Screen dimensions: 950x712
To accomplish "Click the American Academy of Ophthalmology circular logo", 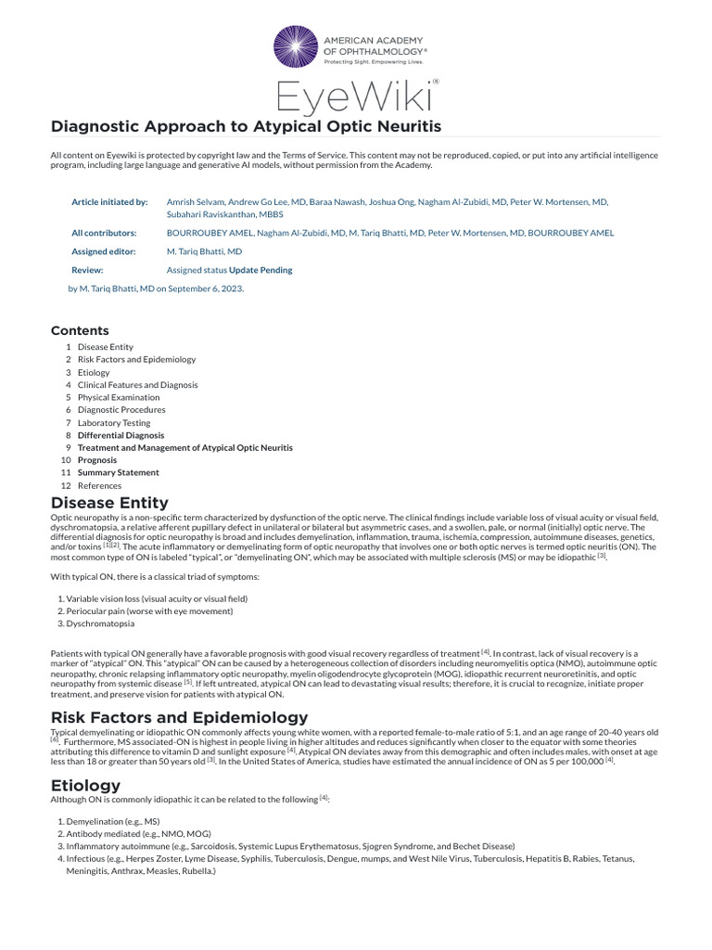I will [x=295, y=48].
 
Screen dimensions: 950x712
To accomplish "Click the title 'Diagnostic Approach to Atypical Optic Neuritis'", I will [x=246, y=126].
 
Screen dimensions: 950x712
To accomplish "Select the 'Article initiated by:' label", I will [x=109, y=201].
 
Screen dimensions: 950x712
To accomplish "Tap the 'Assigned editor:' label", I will [x=104, y=251].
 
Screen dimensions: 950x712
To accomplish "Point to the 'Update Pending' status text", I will [x=261, y=270].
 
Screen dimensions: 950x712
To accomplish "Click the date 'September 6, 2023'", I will [x=205, y=288].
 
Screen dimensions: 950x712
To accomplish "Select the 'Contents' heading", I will [x=80, y=331].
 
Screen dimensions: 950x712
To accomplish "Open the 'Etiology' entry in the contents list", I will [x=94, y=372].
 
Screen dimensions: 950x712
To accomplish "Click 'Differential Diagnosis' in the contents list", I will [x=121, y=435].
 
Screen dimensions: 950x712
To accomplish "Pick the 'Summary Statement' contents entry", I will [x=118, y=472].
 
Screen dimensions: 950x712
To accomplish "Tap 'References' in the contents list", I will [x=99, y=485].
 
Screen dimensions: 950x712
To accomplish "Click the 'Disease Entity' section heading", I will [x=109, y=503].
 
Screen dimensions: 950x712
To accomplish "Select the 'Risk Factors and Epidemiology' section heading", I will [x=179, y=717].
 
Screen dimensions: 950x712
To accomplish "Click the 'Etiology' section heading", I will [x=85, y=785].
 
